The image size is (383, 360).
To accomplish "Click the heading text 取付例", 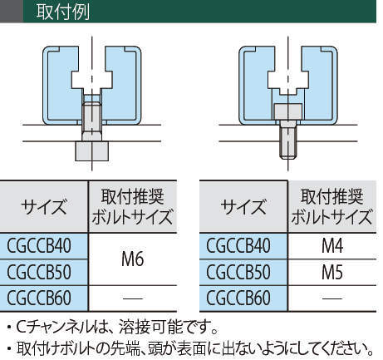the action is [63, 12].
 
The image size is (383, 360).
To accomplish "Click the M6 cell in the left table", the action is [133, 259].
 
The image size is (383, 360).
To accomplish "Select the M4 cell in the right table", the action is [332, 246].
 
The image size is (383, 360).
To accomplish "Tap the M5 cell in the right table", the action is [332, 272].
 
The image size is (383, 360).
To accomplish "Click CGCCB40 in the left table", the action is [39, 246].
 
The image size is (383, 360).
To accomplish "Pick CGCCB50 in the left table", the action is [39, 272].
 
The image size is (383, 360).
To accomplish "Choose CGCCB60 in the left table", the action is [39, 298].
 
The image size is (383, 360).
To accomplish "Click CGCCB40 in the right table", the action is [238, 246].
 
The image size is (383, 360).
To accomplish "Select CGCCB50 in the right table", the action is [238, 272].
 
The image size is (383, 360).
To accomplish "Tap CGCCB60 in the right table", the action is [238, 298].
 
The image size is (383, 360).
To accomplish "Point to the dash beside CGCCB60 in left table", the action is [133, 298].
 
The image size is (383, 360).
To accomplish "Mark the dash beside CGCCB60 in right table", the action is [332, 298].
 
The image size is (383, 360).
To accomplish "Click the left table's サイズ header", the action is [44, 207].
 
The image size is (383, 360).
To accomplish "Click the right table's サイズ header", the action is [243, 207].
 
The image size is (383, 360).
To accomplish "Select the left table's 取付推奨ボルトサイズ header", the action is [133, 207].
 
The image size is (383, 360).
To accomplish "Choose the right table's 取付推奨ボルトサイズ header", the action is [332, 207].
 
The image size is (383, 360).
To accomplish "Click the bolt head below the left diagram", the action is [92, 151].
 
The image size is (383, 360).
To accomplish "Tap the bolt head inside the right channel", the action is [288, 112].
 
